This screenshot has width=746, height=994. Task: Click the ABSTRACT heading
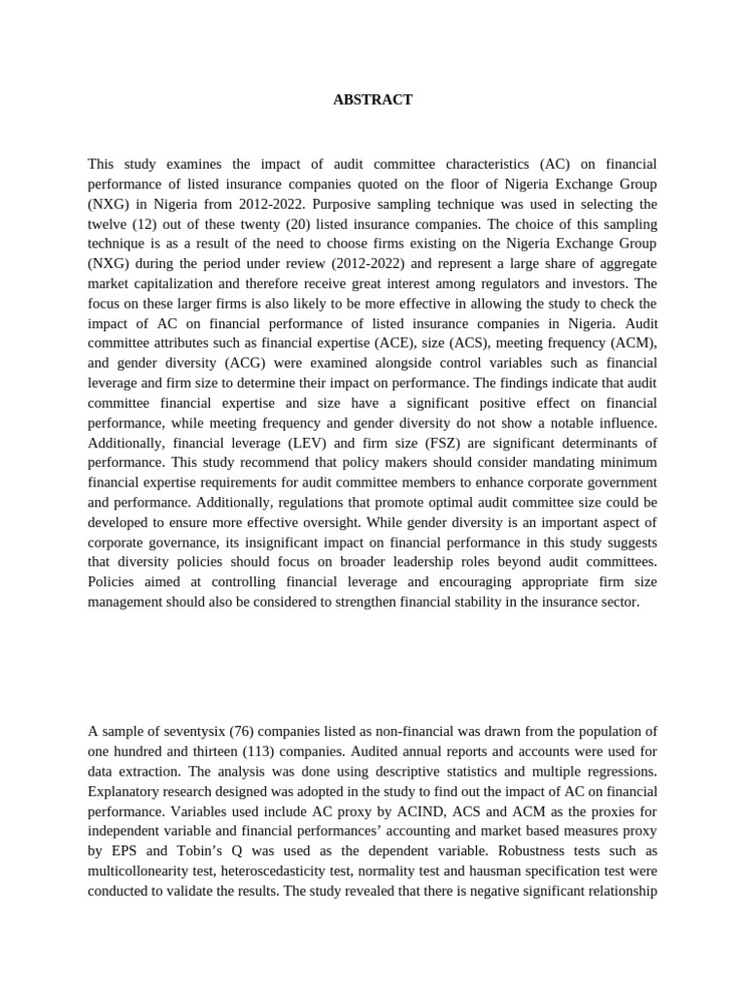click(373, 100)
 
